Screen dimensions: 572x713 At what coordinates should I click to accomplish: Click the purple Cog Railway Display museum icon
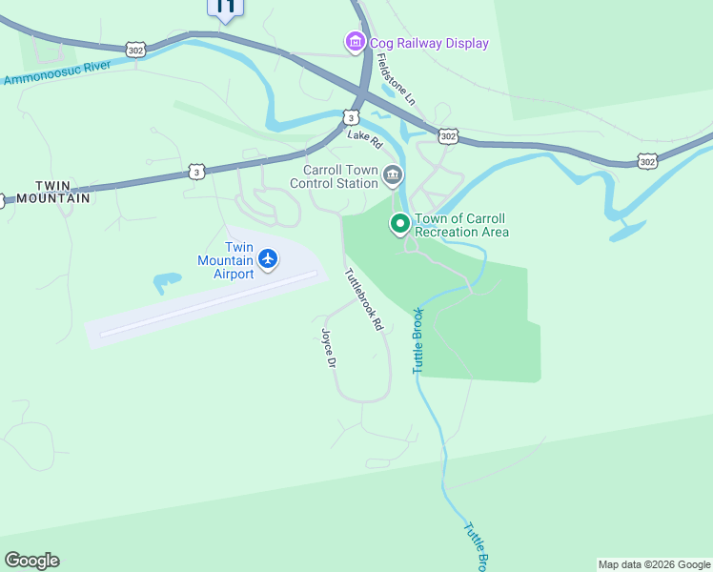(x=355, y=42)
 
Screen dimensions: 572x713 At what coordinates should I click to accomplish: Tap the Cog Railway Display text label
(x=429, y=43)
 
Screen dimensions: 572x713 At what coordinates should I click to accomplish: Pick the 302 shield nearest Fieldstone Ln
(x=447, y=135)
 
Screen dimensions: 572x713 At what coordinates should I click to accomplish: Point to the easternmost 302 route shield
(x=647, y=161)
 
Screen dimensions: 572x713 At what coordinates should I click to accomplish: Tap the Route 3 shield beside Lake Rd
(x=351, y=117)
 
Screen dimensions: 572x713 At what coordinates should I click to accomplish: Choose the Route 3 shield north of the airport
(x=195, y=172)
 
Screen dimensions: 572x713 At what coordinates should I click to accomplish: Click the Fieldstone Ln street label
(x=397, y=78)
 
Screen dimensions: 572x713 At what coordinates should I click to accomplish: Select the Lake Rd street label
(x=365, y=139)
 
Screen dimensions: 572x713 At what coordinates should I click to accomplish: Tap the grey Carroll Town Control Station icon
(x=393, y=175)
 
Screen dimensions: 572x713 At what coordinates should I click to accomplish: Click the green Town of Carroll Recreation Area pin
(x=400, y=224)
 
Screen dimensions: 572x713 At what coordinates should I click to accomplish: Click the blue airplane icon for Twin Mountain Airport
(x=268, y=258)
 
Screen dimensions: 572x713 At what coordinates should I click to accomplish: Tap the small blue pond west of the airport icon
(x=166, y=282)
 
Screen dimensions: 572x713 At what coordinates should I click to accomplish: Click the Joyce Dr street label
(x=329, y=349)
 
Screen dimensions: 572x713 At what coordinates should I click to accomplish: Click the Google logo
(x=31, y=561)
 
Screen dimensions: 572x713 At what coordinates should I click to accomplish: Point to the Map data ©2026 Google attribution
(x=654, y=564)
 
